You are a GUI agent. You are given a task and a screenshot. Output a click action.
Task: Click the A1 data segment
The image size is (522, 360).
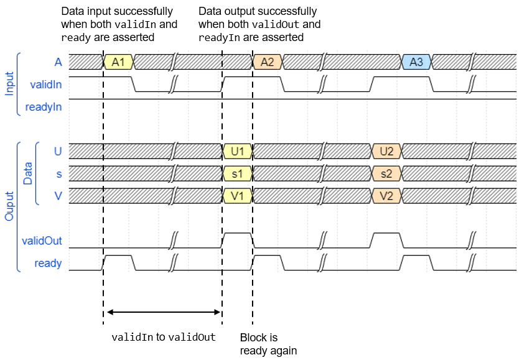click(118, 62)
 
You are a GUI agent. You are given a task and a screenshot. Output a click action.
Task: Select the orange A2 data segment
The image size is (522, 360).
click(268, 62)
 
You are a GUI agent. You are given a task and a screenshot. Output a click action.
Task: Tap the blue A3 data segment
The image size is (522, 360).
click(417, 62)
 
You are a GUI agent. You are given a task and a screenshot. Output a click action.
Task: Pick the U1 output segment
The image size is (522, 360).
click(237, 151)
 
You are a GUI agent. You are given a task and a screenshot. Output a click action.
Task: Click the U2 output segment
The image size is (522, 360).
click(386, 151)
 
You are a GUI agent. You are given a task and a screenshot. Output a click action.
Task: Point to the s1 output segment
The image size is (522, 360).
click(237, 173)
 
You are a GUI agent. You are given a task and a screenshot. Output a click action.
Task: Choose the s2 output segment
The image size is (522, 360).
click(386, 173)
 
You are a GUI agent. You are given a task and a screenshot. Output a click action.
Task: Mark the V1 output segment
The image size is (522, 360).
click(237, 196)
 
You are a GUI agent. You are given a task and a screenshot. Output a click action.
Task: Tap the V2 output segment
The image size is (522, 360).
click(386, 196)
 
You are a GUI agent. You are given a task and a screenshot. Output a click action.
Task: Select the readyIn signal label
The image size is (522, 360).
click(44, 106)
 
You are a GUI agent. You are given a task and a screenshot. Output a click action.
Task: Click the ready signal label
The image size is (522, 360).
click(48, 263)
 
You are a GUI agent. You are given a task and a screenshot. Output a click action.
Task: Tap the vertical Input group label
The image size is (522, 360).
click(9, 84)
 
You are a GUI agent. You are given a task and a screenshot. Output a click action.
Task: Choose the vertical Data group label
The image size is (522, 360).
click(28, 173)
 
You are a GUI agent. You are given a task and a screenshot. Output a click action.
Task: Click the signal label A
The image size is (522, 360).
click(58, 62)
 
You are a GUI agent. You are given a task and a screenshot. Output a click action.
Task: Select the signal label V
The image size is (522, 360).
click(58, 196)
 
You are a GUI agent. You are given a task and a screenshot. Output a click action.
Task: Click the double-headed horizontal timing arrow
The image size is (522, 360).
click(163, 312)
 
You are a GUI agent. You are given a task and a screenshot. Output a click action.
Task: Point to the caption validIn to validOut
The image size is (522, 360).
click(163, 338)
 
